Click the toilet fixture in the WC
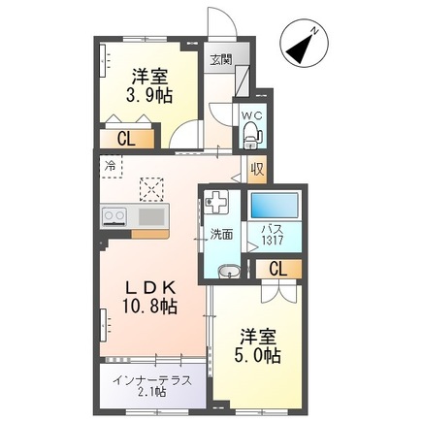251,131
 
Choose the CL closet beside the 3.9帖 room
126,139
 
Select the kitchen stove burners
114,215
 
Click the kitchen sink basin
151,214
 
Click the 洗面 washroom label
222,234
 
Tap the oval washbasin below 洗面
229,271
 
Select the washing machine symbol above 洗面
216,205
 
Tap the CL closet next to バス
276,269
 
